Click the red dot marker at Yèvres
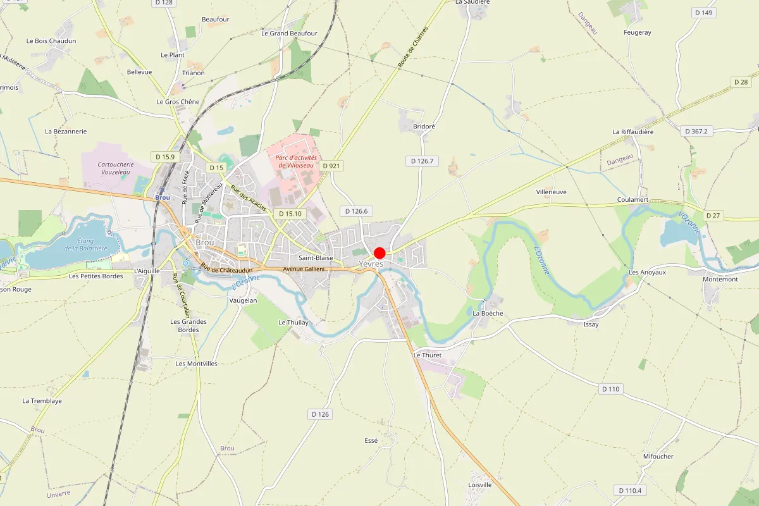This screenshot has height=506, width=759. point(379,252)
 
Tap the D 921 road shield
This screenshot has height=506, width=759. point(331,166)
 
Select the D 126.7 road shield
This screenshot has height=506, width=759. point(421,161)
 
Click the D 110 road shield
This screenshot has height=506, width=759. point(610,389)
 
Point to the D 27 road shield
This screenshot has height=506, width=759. point(713,216)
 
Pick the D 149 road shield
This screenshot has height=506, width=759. point(703,13)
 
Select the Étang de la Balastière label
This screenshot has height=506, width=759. point(92,244)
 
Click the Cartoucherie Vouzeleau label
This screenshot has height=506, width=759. point(116,168)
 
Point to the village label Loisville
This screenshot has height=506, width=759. point(480,485)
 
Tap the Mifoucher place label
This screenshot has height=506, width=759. point(658,457)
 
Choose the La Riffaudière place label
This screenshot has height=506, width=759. point(632,132)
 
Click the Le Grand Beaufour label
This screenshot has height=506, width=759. point(289,34)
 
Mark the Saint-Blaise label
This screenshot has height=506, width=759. point(316,258)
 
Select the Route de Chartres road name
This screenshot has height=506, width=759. point(413,47)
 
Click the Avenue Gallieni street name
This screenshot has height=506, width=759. point(304,269)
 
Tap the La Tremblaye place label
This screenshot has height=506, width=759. point(42,401)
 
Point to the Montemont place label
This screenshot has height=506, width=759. point(720,280)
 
